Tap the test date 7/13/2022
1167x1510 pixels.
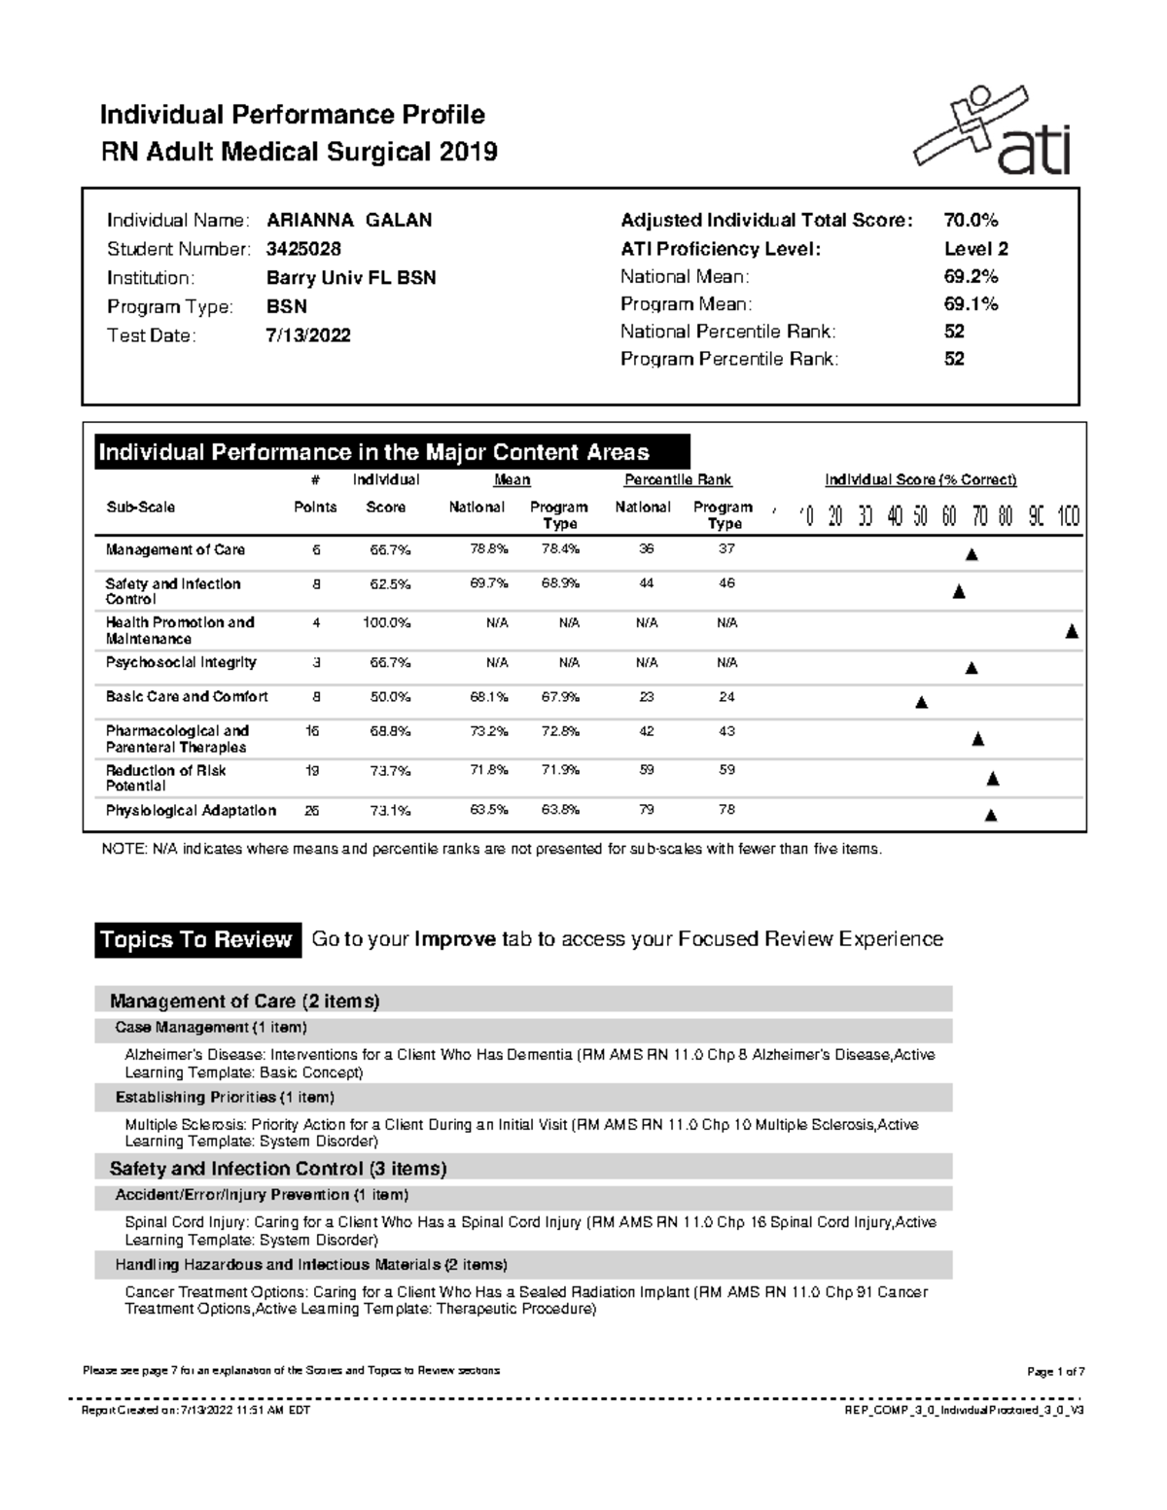tap(308, 335)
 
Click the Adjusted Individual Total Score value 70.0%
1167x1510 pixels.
tap(971, 221)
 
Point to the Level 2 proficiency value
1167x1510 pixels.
tap(975, 249)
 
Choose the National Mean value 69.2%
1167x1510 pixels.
tap(971, 277)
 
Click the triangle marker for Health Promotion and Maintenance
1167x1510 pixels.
tap(1072, 632)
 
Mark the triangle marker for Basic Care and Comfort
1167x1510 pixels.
tap(922, 702)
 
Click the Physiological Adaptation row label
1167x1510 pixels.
tap(191, 810)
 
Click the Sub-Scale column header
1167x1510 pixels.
tap(140, 508)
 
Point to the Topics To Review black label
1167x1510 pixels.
tap(196, 940)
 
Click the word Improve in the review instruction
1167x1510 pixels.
tap(455, 939)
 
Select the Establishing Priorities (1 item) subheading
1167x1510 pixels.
tap(225, 1098)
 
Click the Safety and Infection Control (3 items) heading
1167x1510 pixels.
tap(278, 1169)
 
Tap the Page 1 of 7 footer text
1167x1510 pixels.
tap(1055, 1372)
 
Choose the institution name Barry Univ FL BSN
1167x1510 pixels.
tap(351, 278)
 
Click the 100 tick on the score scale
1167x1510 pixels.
tap(1068, 516)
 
